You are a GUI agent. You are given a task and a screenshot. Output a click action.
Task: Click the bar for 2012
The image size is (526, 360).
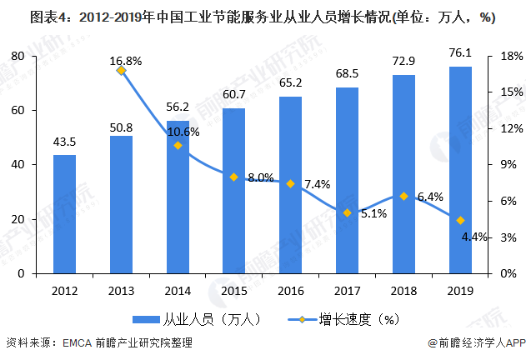pyautogui.click(x=64, y=214)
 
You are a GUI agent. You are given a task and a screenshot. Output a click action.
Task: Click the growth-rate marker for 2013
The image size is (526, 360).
pyautogui.click(x=121, y=71)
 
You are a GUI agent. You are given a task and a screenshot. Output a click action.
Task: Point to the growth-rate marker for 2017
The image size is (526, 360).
pyautogui.click(x=348, y=212)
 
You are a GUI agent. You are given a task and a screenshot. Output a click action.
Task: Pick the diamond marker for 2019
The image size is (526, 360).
pyautogui.click(x=460, y=221)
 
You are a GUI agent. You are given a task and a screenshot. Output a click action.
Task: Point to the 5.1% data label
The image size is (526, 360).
pyautogui.click(x=373, y=213)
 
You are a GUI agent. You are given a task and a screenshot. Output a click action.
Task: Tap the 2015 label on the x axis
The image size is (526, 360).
pyautogui.click(x=234, y=289)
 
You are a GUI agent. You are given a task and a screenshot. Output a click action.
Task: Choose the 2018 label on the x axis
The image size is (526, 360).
pyautogui.click(x=403, y=289)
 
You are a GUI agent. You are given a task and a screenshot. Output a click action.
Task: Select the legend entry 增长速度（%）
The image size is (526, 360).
pyautogui.click(x=338, y=318)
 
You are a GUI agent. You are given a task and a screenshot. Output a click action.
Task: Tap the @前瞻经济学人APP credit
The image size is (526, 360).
pyautogui.click(x=473, y=343)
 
